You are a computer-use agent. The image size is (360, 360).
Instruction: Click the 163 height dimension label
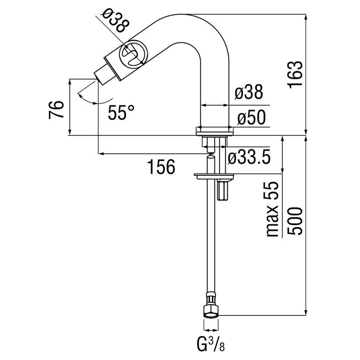295,75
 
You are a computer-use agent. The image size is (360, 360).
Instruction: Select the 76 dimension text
57,110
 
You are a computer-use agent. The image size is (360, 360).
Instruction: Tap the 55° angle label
121,113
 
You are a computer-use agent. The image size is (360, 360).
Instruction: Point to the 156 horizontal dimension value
161,167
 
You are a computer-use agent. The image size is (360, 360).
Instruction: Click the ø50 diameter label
251,117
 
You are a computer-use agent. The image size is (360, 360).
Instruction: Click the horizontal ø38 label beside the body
249,93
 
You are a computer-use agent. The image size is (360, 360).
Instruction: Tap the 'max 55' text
273,209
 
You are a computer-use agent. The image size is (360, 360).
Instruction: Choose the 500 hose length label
295,221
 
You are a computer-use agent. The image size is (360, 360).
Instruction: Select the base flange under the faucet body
215,131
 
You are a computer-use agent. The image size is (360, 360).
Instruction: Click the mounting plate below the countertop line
214,174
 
